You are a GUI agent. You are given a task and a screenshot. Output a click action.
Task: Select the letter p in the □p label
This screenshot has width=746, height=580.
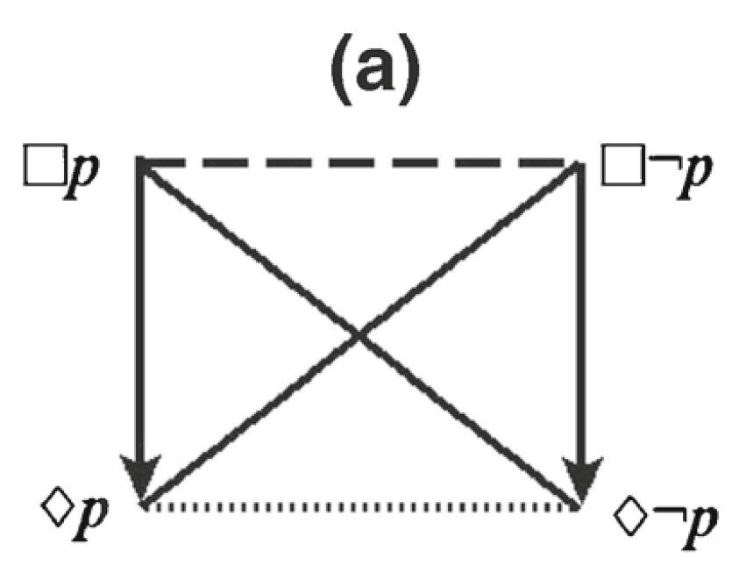click(84, 172)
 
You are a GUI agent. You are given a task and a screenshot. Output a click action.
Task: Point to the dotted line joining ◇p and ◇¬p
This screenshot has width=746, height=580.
click(359, 506)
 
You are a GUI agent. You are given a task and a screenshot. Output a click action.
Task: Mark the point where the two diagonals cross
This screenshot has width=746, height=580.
click(359, 334)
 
